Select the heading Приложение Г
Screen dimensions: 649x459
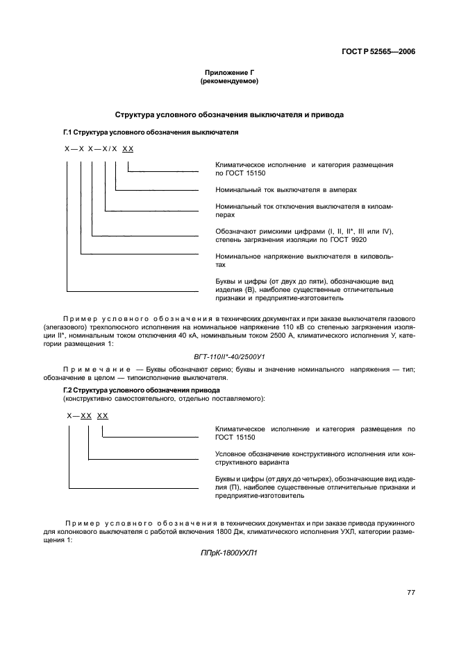click(229, 73)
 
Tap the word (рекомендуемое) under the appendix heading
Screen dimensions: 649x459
click(229, 82)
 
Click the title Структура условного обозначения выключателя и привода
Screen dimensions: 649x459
click(229, 114)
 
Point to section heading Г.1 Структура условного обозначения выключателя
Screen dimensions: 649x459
click(151, 131)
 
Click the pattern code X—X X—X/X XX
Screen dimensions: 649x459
click(99, 149)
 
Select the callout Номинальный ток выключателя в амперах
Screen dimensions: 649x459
click(287, 189)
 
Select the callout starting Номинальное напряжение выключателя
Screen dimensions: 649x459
click(304, 260)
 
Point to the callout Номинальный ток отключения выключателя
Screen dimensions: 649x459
click(304, 210)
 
